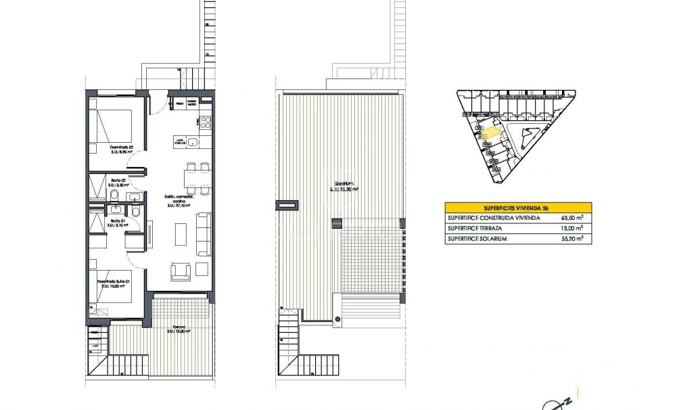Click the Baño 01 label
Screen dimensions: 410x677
(116, 221)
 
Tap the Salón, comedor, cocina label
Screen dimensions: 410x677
(176, 201)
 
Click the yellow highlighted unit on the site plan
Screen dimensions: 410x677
(491, 133)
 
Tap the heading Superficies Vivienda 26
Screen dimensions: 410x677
(518, 208)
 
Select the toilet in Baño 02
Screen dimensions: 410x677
(115, 196)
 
